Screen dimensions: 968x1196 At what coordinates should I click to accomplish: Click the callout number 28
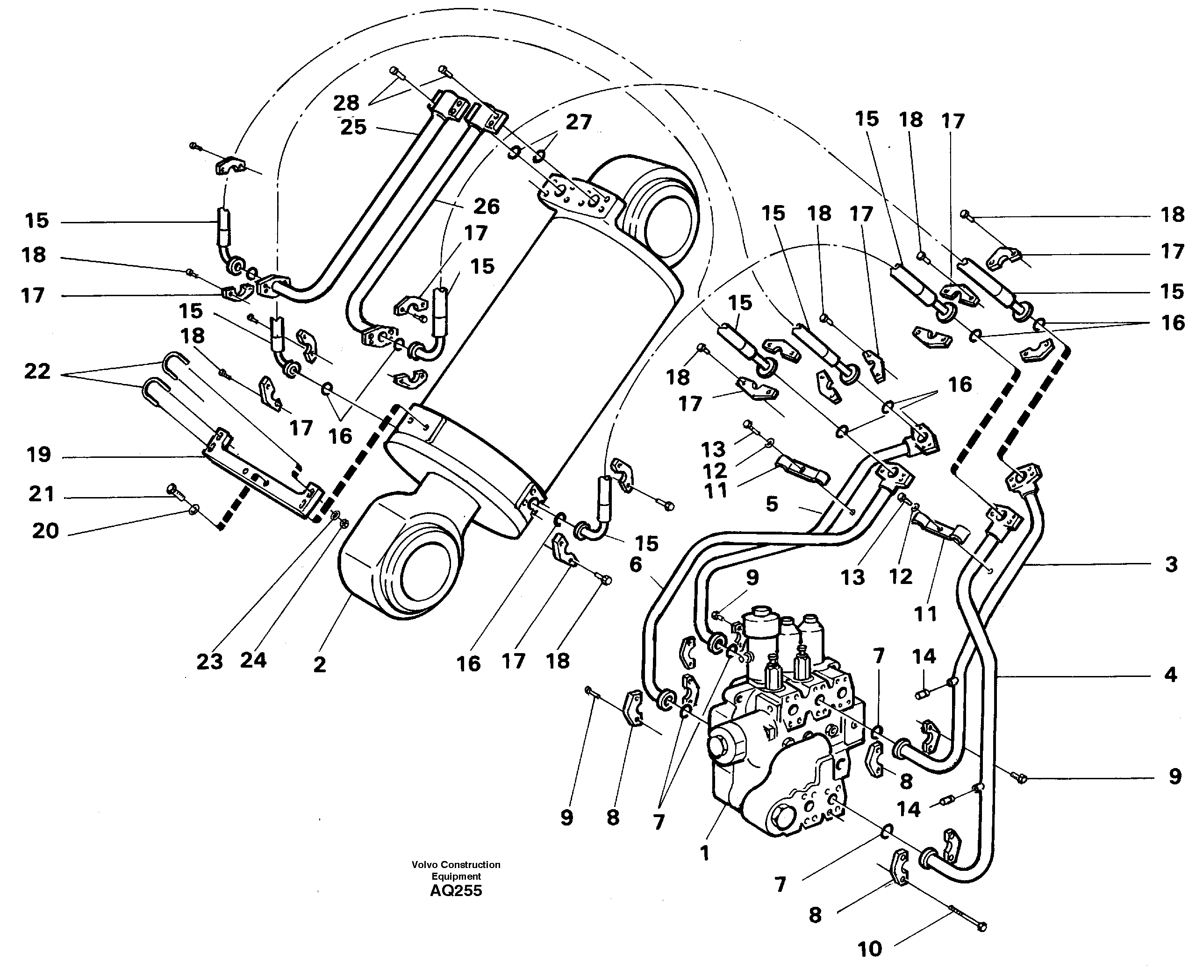(346, 103)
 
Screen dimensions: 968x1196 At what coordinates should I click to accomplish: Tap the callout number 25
(353, 127)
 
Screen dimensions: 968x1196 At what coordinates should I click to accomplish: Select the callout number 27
(578, 122)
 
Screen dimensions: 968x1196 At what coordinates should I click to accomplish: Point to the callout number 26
(487, 207)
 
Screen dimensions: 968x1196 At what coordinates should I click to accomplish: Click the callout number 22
(37, 371)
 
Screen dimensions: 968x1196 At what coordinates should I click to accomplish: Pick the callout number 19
(38, 455)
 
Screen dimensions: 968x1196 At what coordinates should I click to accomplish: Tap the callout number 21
(41, 494)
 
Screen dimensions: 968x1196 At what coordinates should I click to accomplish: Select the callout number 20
(45, 531)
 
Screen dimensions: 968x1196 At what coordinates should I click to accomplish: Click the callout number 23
(209, 662)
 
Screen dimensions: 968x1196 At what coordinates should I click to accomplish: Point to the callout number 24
(253, 661)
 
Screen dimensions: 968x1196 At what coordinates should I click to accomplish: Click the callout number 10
(869, 948)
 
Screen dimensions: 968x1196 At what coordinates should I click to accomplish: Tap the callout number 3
(1171, 564)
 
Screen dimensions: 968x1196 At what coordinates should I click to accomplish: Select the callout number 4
(1170, 675)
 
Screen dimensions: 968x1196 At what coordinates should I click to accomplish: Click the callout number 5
(772, 504)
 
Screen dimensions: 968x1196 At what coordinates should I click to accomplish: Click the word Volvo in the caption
(424, 865)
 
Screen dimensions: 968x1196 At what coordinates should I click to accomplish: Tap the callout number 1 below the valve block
(704, 853)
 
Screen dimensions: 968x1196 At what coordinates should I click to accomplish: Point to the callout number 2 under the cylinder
(319, 664)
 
